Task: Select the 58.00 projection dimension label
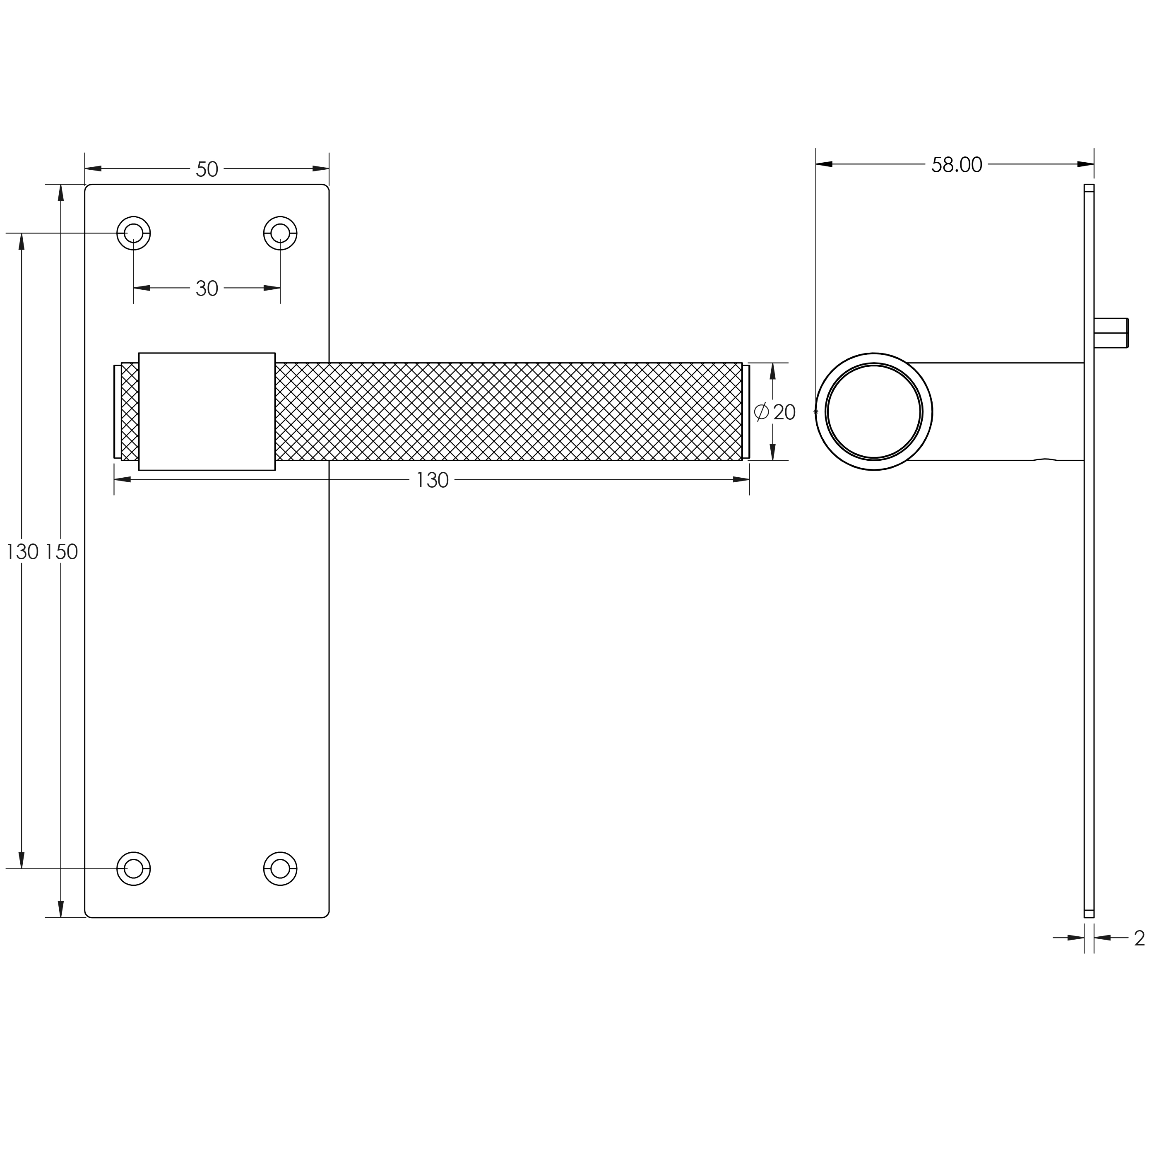(957, 165)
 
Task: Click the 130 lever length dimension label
(432, 481)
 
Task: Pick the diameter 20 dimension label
(775, 412)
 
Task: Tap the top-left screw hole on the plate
(134, 233)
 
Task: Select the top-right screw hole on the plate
(280, 233)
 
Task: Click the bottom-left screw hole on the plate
(134, 869)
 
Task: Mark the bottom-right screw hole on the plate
(280, 869)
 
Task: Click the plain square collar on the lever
(207, 412)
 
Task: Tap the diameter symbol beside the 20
(761, 412)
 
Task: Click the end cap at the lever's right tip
(746, 412)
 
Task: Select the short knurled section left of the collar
(130, 412)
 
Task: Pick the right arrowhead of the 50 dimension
(321, 169)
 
